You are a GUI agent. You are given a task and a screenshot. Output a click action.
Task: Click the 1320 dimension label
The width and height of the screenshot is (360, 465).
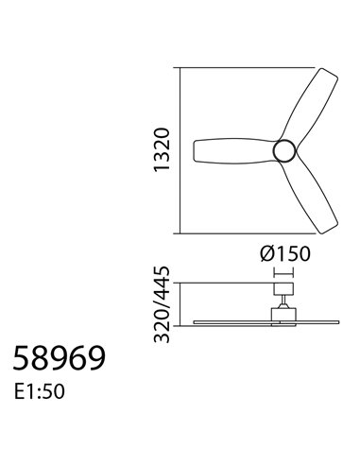(x=163, y=150)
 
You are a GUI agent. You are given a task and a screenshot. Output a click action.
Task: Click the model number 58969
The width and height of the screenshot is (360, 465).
(x=59, y=358)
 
